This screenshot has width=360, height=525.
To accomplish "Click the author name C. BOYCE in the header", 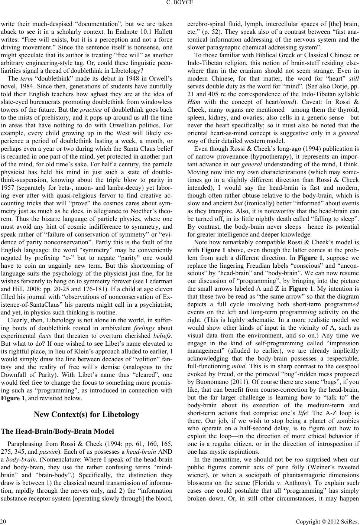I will pos(180,4).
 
